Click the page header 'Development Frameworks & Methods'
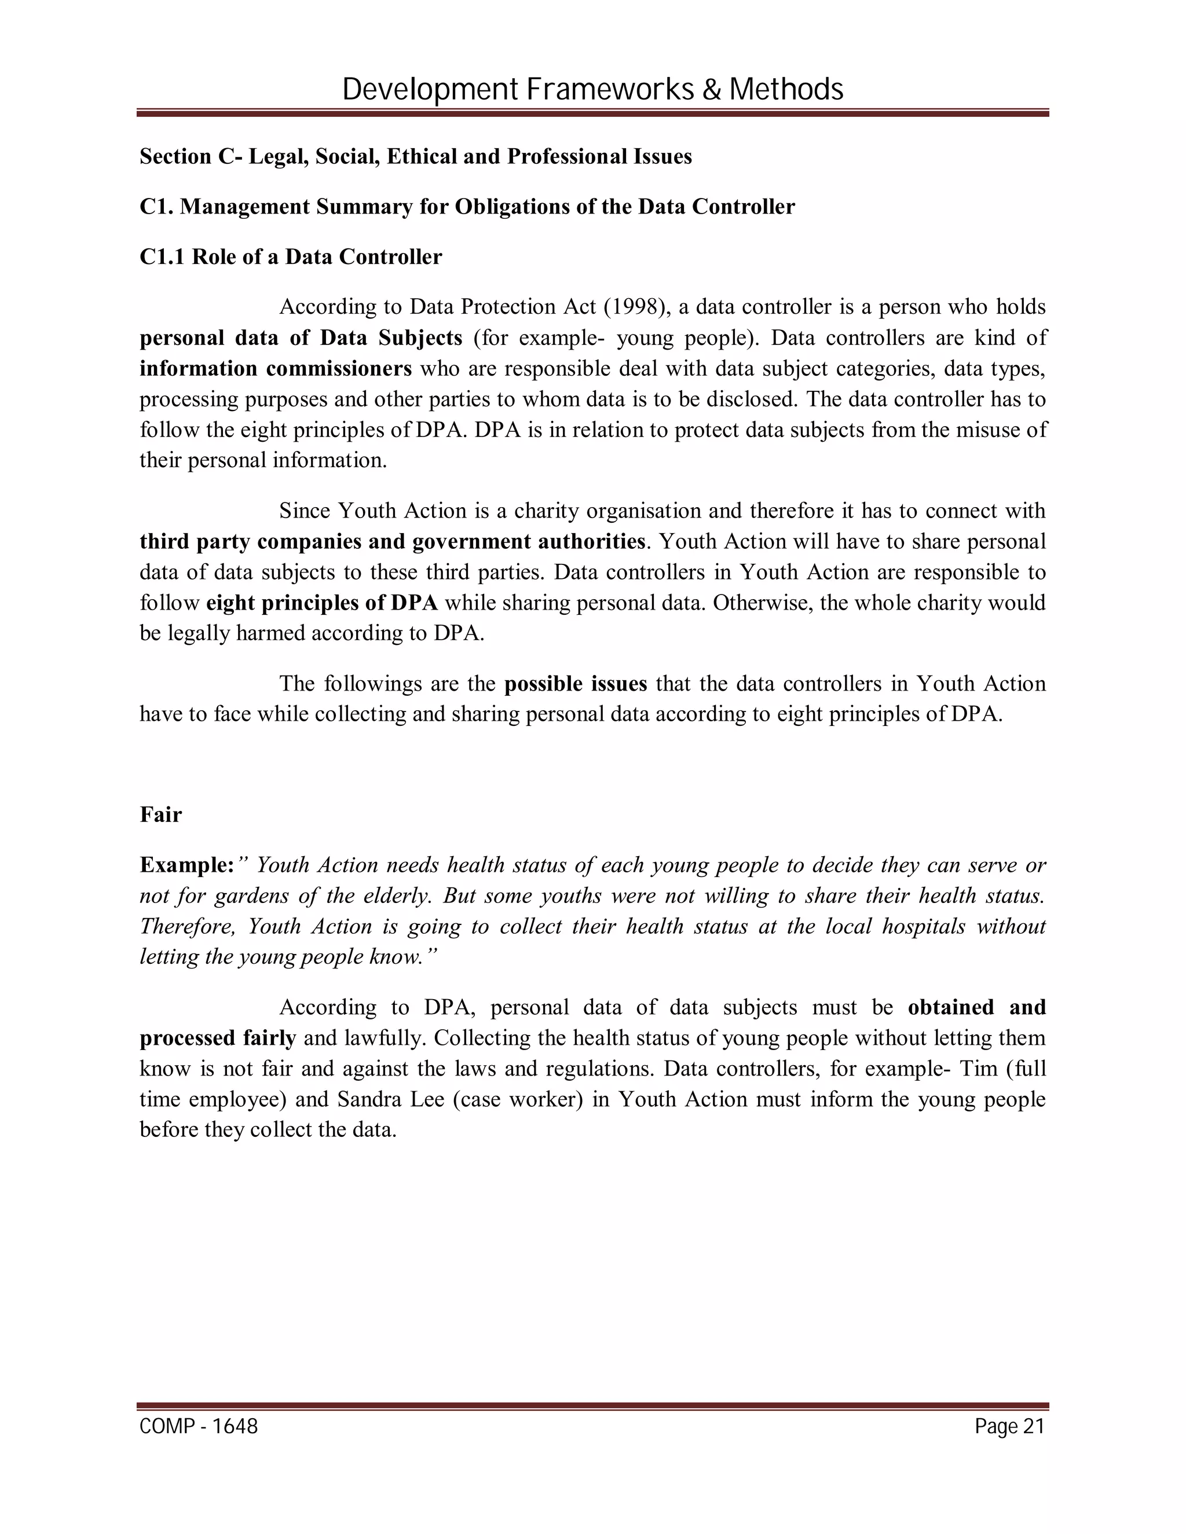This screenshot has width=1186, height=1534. coord(592,90)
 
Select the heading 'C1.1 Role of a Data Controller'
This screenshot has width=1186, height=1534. coord(291,257)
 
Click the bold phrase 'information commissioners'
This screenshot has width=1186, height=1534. coord(276,369)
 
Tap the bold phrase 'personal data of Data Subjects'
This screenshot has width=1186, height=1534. coord(301,338)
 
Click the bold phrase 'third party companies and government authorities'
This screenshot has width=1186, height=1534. coord(392,542)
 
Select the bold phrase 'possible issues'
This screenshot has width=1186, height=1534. coord(576,684)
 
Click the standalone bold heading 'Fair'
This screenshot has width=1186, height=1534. coord(160,815)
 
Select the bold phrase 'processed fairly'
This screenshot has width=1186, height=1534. coord(218,1038)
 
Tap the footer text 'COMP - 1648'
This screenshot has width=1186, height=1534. coord(199,1426)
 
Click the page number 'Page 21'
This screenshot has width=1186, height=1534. coord(1009,1426)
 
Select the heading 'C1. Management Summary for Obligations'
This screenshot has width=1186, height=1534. coord(467,207)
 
